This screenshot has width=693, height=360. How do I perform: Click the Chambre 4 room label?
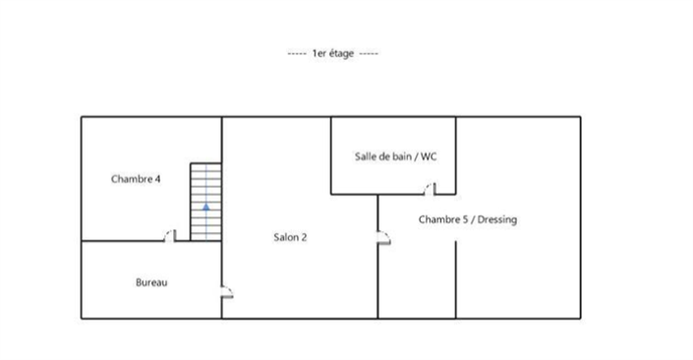pos(136,179)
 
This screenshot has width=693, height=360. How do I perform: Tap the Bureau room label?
pos(151,282)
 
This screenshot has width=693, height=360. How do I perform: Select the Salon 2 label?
pos(290,237)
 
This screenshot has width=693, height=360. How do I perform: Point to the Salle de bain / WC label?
pos(395,156)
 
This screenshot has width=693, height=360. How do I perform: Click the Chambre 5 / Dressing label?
pos(468,219)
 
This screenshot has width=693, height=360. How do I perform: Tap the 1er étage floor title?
pos(333,53)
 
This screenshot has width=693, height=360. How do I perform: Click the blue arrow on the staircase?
pos(206,207)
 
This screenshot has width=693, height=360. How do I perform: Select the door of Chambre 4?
pos(170,236)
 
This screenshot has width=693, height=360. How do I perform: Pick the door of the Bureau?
pos(227,292)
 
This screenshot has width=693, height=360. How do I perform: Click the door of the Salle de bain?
pos(430,189)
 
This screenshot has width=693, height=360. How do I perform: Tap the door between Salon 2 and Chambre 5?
pos(383,237)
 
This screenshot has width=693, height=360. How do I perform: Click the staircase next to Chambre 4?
pos(206,202)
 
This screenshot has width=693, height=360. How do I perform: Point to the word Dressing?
pos(497,219)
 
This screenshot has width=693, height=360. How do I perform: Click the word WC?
pos(429,156)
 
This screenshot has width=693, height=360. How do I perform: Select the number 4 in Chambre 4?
pos(157,179)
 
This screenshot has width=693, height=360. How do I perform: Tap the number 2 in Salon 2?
pos(304,237)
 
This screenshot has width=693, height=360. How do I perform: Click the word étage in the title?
pos(341,54)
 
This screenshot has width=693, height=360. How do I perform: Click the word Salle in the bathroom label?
pos(364,156)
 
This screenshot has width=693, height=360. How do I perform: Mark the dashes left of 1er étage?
pos(297,54)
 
